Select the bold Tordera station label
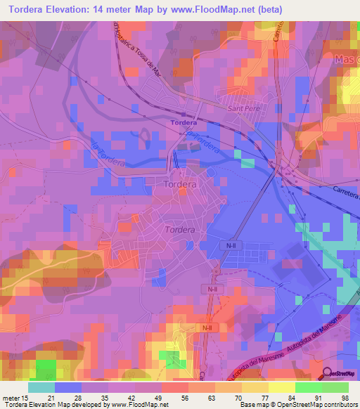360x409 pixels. (184, 122)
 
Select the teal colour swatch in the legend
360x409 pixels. (41, 387)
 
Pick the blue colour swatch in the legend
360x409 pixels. (68, 387)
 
